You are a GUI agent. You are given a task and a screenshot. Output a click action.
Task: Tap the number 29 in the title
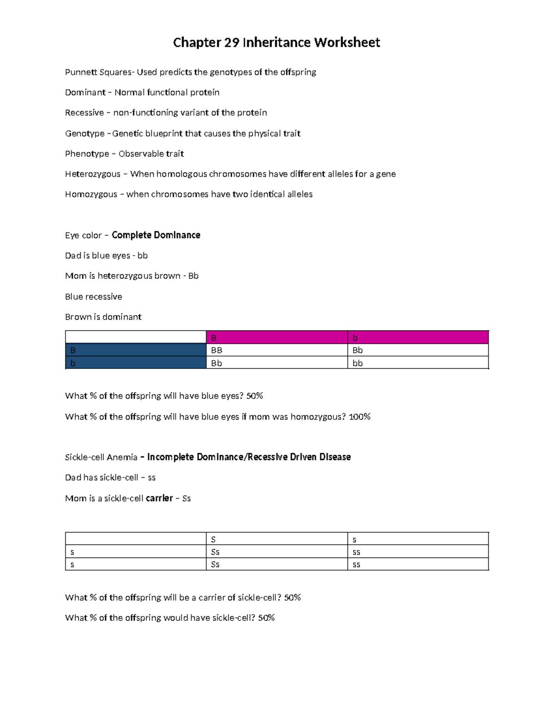[x=232, y=43]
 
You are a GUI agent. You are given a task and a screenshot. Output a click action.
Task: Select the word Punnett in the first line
[x=81, y=72]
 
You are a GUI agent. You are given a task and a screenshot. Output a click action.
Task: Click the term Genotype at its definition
[x=84, y=134]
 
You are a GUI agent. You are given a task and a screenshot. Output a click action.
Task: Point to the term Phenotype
[x=87, y=154]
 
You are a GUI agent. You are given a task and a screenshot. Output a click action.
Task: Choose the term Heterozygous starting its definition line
[x=92, y=174]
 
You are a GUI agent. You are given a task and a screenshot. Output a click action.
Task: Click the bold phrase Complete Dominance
[x=156, y=235]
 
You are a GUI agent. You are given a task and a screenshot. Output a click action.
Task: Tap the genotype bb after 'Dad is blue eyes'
[x=142, y=256]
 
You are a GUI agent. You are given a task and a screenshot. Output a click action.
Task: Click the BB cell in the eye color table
[x=217, y=350]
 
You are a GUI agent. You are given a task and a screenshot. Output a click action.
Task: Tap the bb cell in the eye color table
[x=357, y=363]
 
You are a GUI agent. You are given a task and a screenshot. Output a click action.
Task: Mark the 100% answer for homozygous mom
[x=360, y=417]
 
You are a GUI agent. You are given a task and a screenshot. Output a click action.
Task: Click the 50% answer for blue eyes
[x=254, y=396]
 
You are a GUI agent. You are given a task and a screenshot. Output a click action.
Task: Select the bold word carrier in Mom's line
[x=159, y=498]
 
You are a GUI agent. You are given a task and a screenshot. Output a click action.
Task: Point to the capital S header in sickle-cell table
[x=213, y=540]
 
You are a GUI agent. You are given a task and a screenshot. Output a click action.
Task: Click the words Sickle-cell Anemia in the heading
[x=101, y=457]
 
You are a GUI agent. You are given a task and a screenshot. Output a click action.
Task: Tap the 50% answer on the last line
[x=266, y=618]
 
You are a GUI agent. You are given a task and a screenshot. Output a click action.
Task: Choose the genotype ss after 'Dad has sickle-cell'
[x=151, y=478]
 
